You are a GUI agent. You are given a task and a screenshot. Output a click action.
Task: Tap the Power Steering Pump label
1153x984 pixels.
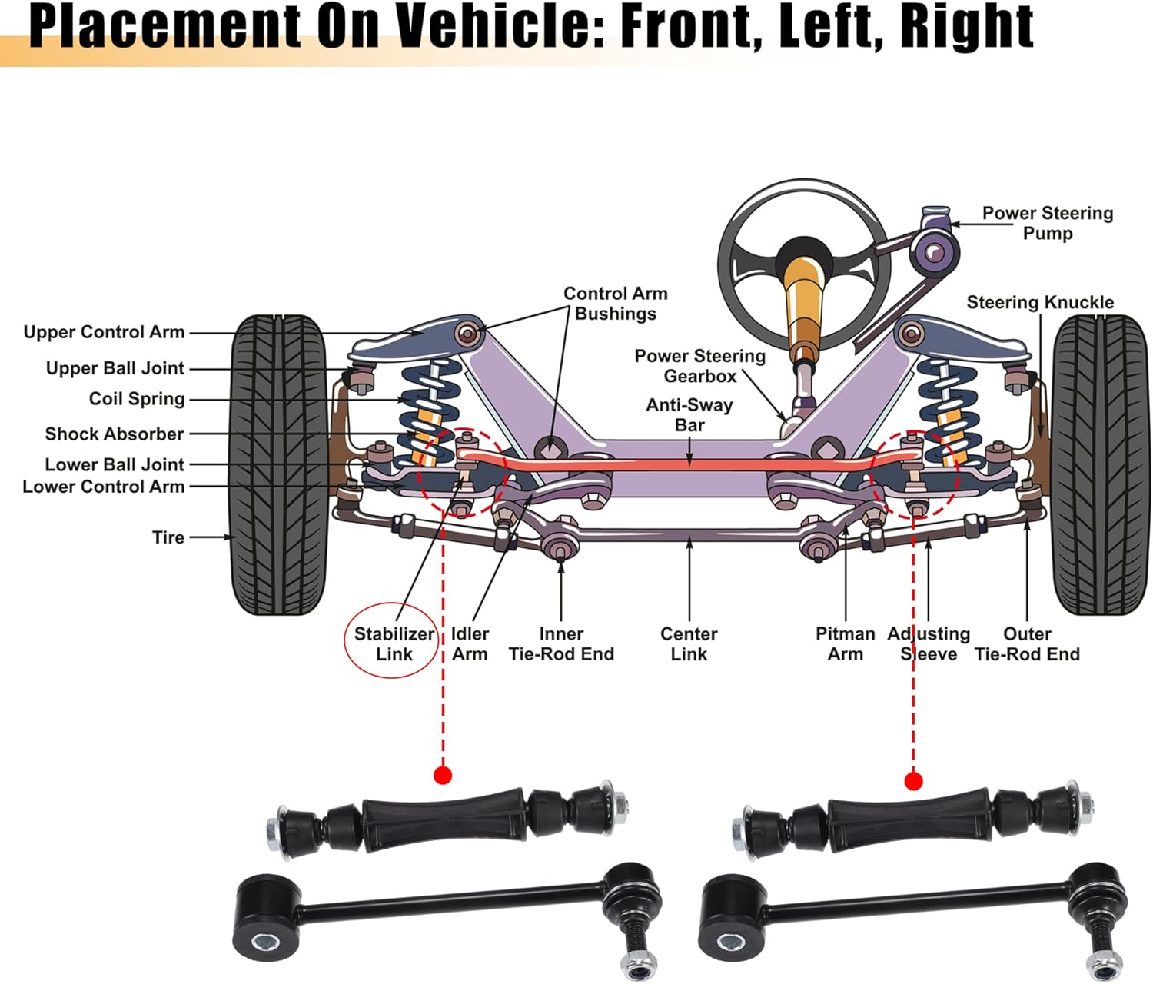point(1047,223)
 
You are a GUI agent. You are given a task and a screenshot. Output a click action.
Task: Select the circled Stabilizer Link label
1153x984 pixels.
point(394,643)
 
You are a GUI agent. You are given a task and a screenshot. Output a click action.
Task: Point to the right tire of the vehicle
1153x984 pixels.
point(1100,464)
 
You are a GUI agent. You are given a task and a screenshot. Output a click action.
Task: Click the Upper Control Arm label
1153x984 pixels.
point(104,332)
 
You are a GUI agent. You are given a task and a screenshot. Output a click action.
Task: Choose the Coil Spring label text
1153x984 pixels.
point(137,399)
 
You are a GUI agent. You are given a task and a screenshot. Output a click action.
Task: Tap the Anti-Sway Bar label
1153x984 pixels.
point(689,415)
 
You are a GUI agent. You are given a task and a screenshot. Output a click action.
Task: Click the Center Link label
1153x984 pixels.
point(689,643)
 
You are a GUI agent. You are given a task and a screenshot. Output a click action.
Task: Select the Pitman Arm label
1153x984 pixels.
point(845,643)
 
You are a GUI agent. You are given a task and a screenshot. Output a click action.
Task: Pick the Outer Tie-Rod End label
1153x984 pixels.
point(1027,643)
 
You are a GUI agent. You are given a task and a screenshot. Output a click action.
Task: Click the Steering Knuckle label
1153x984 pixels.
point(1039,302)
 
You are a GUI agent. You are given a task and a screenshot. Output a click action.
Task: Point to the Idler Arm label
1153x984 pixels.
point(469,643)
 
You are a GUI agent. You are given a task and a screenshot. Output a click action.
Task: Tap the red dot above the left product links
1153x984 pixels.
point(442,775)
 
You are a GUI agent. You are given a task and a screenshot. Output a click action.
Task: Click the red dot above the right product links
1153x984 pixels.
point(913,781)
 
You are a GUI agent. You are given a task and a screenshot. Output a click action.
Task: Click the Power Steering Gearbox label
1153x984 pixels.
point(699,366)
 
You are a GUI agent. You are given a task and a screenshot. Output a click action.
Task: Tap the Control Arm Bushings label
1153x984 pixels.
point(615,304)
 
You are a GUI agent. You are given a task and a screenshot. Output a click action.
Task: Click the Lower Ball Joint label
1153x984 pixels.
point(115,464)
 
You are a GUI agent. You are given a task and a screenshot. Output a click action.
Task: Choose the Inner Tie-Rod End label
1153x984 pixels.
point(561,643)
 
